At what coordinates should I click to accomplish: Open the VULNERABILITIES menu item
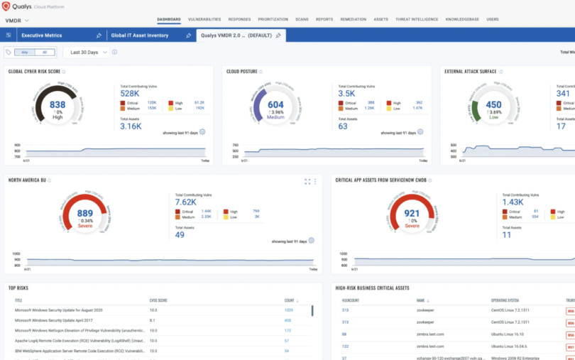[x=204, y=19]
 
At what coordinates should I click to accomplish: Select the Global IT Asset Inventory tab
[x=145, y=35]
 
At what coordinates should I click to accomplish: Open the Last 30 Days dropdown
[x=89, y=52]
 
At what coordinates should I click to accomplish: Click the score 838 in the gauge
[x=57, y=104]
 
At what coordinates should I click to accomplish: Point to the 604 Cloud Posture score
[x=275, y=104]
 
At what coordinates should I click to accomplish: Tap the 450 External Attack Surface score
[x=493, y=104]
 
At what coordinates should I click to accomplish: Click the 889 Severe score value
[x=84, y=213]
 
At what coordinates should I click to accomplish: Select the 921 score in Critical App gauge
[x=412, y=213]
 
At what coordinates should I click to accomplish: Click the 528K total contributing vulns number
[x=129, y=93]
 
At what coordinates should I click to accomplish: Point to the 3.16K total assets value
[x=131, y=126]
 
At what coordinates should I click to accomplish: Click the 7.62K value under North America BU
[x=185, y=202]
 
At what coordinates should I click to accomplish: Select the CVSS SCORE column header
[x=158, y=300]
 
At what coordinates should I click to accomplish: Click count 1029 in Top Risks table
[x=288, y=310]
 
